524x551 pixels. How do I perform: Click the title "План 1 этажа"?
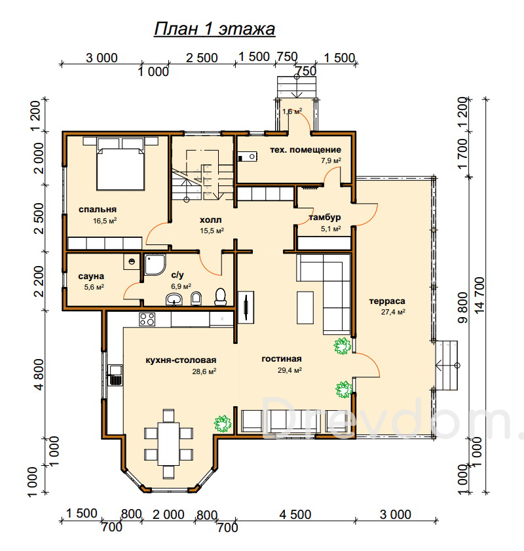[x=214, y=29]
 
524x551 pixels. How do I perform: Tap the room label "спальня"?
[x=98, y=210]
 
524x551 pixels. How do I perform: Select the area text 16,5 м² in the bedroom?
[x=105, y=221]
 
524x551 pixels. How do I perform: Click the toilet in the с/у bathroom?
[x=220, y=297]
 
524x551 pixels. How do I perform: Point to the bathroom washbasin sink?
[x=174, y=299]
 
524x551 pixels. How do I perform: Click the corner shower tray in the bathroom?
[x=155, y=265]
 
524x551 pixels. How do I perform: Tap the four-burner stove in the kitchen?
[x=147, y=320]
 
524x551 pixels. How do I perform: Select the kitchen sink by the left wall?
[x=115, y=375]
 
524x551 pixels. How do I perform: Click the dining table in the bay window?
[x=168, y=444]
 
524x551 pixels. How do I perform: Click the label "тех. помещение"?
[x=305, y=150]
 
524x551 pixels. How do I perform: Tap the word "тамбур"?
[x=324, y=218]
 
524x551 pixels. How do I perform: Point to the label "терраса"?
[x=387, y=301]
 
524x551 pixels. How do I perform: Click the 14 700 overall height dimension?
[x=479, y=295]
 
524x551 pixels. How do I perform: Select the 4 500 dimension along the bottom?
[x=295, y=515]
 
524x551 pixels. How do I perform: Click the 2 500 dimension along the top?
[x=202, y=58]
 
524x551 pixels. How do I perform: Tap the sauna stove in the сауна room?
[x=132, y=261]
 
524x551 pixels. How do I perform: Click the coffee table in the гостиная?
[x=305, y=307]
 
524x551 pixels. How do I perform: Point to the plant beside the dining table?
[x=223, y=423]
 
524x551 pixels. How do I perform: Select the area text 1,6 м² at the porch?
[x=292, y=112]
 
